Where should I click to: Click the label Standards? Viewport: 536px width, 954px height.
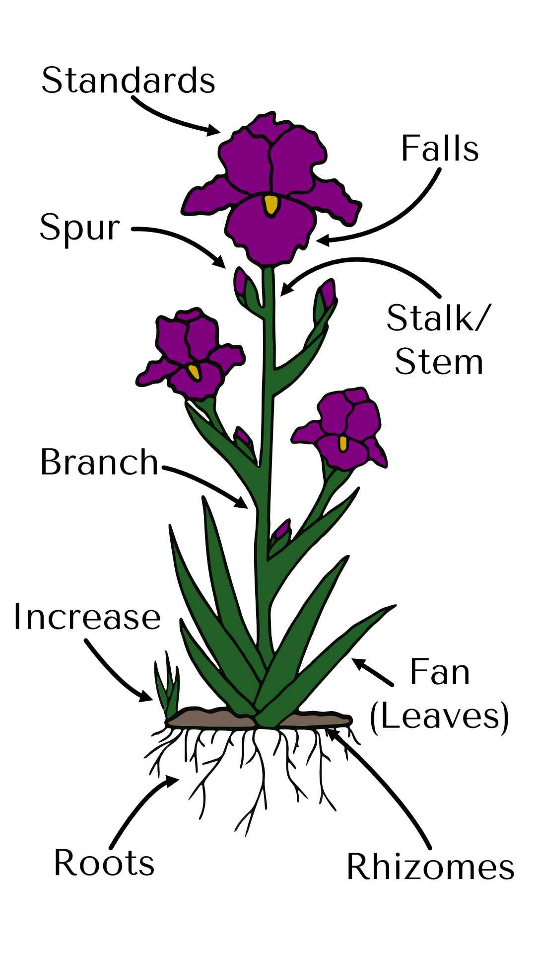(x=128, y=80)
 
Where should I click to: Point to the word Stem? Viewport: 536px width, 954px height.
(x=439, y=362)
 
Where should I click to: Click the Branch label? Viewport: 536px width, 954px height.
(x=99, y=462)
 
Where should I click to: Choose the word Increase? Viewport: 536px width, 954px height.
(x=87, y=617)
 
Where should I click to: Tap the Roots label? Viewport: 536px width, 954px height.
(x=104, y=863)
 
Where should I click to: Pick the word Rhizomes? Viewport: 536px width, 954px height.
(x=430, y=868)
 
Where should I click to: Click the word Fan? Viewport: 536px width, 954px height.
(x=440, y=672)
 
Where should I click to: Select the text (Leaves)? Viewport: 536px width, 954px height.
(x=440, y=716)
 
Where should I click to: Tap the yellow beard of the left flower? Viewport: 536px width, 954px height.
(x=194, y=371)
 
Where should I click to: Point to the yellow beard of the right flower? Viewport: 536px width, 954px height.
(x=343, y=443)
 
